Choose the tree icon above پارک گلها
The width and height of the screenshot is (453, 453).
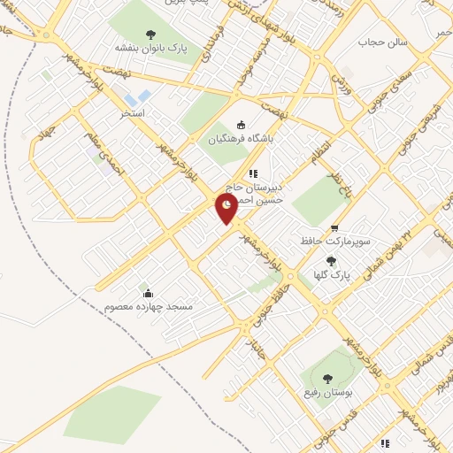coord(331,261)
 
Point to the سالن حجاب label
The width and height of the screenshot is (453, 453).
coord(381,42)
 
